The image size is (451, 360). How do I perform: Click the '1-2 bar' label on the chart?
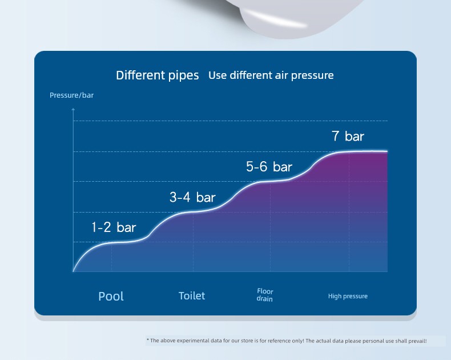click(x=114, y=227)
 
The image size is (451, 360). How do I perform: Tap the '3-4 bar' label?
click(x=192, y=197)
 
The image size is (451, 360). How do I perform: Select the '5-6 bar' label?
click(x=269, y=167)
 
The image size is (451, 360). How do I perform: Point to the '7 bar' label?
click(x=348, y=136)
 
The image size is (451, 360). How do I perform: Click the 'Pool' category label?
click(x=111, y=297)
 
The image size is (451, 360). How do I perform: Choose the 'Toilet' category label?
click(x=192, y=296)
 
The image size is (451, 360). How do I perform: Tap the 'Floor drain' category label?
click(x=265, y=295)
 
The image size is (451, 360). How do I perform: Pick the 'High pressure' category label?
click(x=348, y=297)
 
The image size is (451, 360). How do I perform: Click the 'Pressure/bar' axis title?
click(x=71, y=95)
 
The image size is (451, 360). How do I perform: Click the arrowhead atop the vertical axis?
click(x=73, y=109)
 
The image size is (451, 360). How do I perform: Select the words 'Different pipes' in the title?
click(x=158, y=75)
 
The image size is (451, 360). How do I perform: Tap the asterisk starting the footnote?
click(x=148, y=340)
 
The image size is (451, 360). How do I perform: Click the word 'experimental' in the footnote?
click(x=193, y=341)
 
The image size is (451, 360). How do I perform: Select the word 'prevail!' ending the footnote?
click(x=417, y=341)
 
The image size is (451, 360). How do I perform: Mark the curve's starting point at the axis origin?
click(x=73, y=271)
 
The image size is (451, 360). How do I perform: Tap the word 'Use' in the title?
click(x=217, y=75)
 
